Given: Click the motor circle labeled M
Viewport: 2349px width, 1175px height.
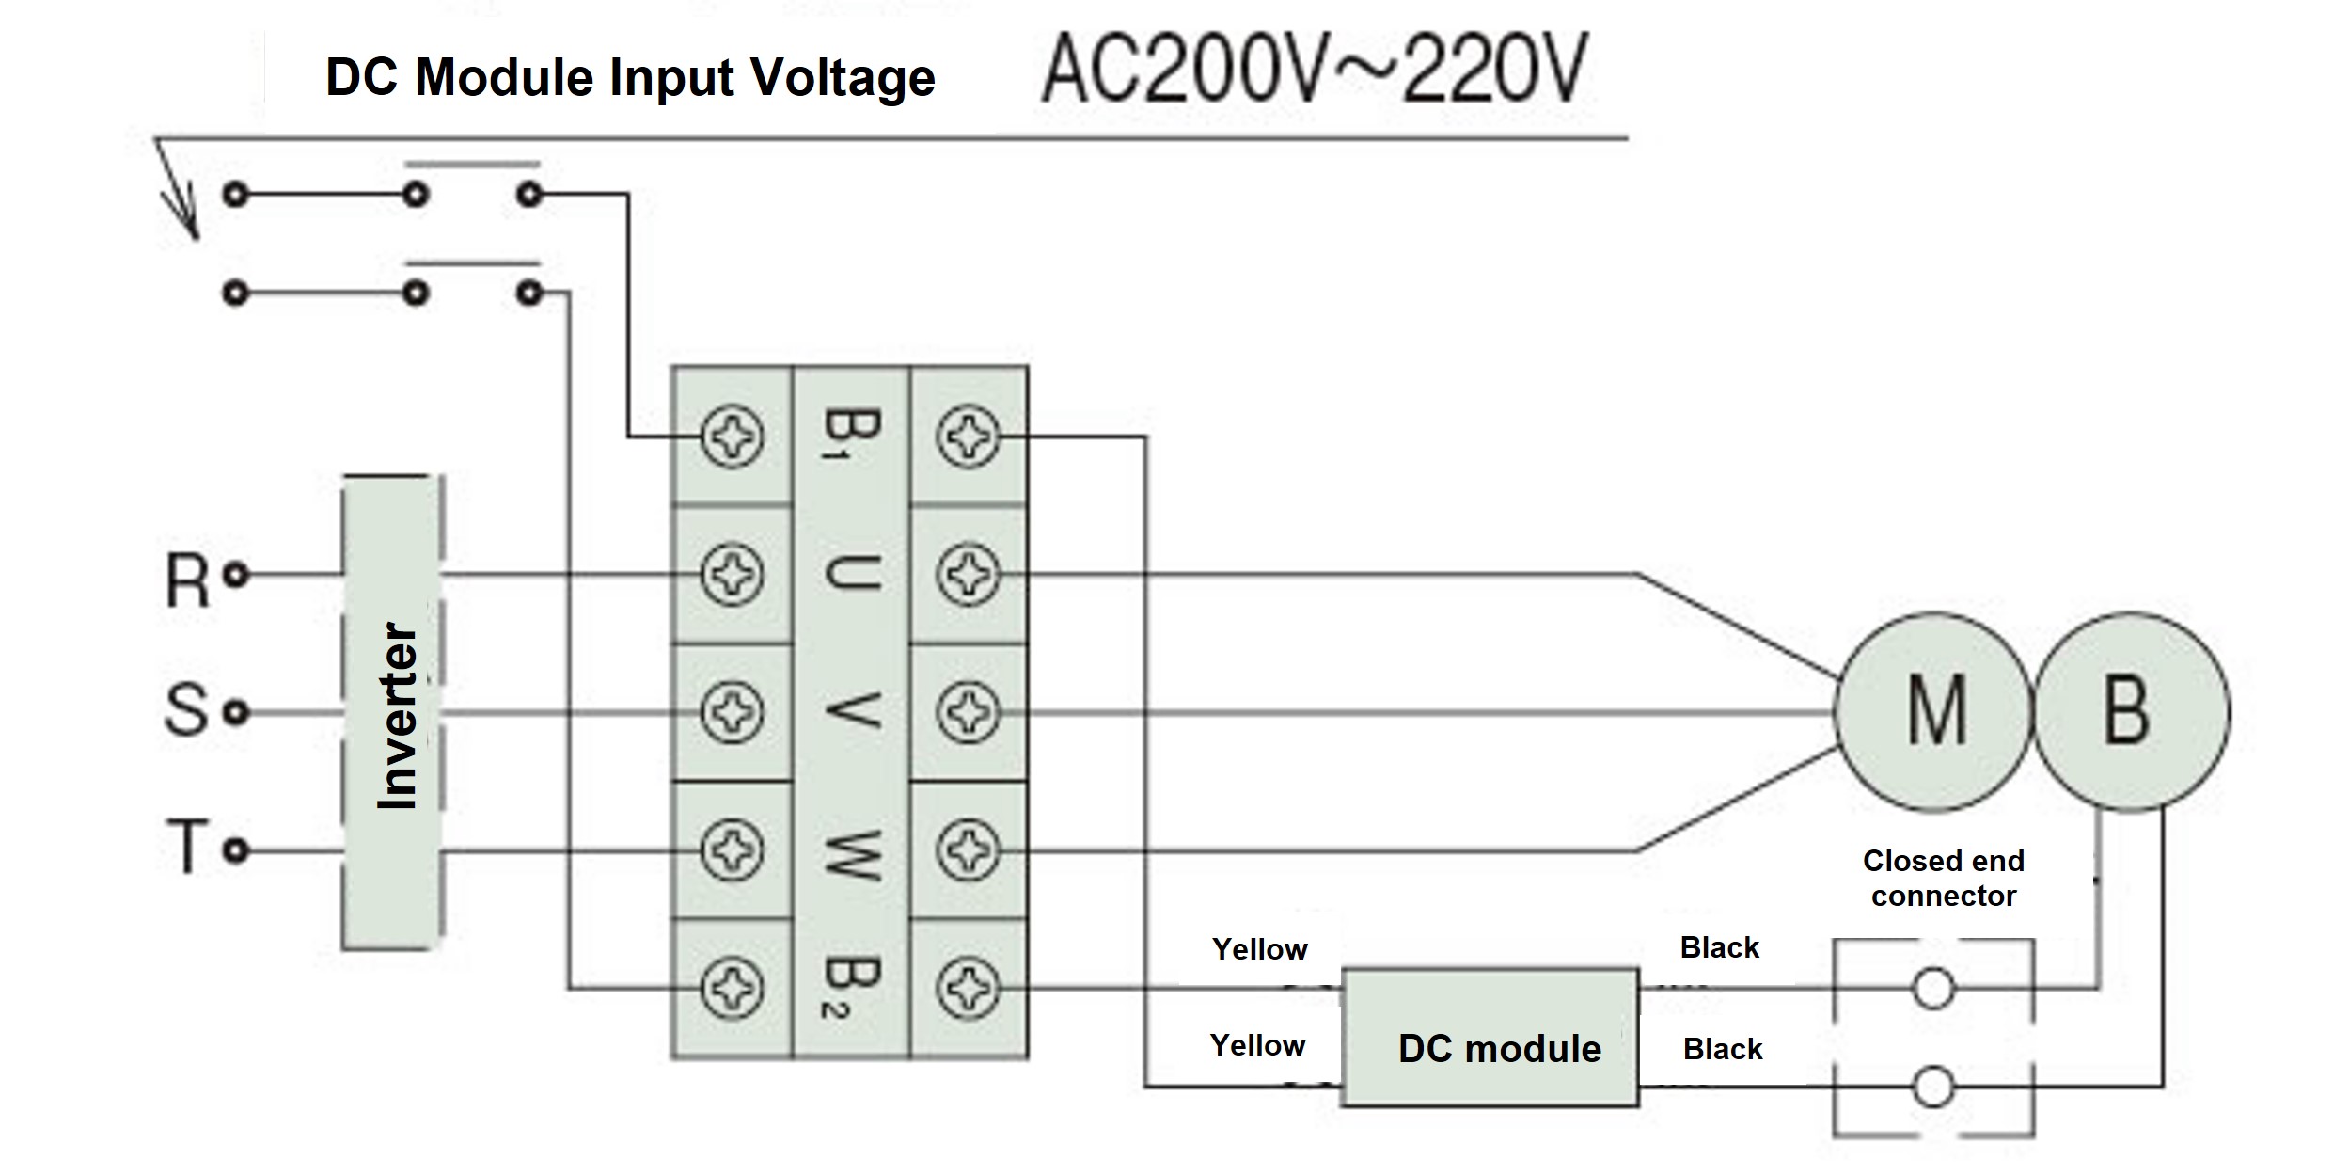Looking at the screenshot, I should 1932,712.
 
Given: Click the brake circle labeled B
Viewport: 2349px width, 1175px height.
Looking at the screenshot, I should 2131,712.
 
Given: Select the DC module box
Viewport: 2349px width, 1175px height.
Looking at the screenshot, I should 1490,1038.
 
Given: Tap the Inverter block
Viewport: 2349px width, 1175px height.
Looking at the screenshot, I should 391,712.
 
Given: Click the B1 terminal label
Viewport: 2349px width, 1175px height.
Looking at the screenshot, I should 850,434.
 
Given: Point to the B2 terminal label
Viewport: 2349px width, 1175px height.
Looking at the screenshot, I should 850,988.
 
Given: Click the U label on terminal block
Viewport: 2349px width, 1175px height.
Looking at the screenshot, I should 850,573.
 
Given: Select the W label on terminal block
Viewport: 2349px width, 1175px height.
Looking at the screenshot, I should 850,851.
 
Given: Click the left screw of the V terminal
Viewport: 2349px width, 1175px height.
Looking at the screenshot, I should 732,712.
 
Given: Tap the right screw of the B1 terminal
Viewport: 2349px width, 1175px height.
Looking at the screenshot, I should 968,437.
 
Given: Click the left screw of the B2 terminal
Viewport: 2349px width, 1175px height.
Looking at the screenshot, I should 732,988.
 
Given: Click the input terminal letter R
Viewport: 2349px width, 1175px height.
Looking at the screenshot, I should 187,580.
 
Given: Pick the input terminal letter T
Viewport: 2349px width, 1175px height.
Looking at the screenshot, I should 187,848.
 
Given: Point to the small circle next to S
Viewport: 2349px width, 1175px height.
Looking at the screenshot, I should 236,712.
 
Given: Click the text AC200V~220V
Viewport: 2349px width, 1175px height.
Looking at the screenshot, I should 1315,70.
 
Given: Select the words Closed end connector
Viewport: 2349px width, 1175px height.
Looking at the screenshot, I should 1943,879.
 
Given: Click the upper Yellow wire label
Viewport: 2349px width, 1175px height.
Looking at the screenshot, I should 1259,949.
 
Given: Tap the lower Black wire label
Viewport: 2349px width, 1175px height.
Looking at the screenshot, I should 1722,1049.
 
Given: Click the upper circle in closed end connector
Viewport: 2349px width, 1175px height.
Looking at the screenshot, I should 1933,989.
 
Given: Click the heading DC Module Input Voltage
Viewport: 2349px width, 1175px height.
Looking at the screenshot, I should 629,77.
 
